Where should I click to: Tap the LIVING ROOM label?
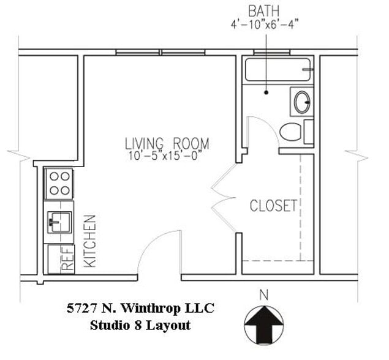(167, 144)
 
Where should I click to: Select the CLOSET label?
(273, 206)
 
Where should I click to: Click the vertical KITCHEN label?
(89, 240)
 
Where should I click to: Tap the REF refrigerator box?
(61, 258)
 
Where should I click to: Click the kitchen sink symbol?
(59, 221)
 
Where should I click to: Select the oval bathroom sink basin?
(301, 102)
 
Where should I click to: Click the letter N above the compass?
(264, 295)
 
